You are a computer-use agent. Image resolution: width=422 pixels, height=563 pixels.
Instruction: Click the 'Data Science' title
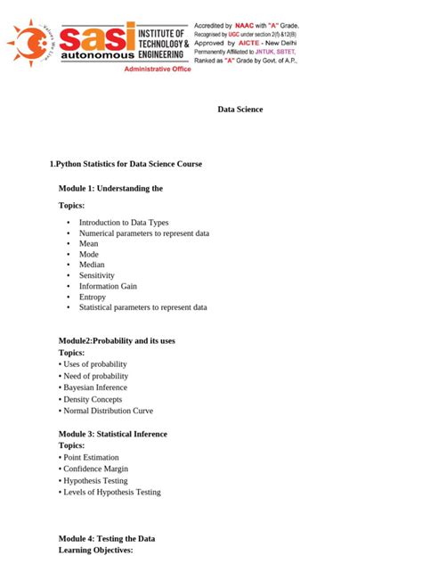tap(240, 110)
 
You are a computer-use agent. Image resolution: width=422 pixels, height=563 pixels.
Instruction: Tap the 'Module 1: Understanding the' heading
tap(110, 189)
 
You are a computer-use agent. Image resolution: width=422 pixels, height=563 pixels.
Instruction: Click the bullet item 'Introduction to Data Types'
tap(123, 223)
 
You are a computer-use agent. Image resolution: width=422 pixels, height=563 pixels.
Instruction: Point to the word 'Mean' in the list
tap(88, 243)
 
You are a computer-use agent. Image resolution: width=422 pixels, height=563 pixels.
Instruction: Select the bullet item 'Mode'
tap(88, 254)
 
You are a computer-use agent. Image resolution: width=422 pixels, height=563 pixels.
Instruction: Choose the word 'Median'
tap(92, 265)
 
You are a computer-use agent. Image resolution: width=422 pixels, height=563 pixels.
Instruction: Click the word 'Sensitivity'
tap(97, 275)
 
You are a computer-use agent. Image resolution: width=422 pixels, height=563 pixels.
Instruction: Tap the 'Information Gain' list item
tap(108, 286)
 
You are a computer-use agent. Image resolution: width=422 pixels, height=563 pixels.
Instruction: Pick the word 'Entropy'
tap(93, 297)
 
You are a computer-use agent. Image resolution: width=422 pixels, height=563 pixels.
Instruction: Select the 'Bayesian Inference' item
tap(94, 388)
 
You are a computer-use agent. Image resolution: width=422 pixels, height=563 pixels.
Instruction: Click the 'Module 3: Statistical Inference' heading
tap(112, 434)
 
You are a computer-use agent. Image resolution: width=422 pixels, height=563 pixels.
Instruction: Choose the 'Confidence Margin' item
tap(95, 469)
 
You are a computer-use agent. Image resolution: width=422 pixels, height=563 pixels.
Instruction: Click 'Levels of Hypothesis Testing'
tap(111, 492)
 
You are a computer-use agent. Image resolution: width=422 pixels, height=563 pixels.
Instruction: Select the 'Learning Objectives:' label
tap(95, 551)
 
